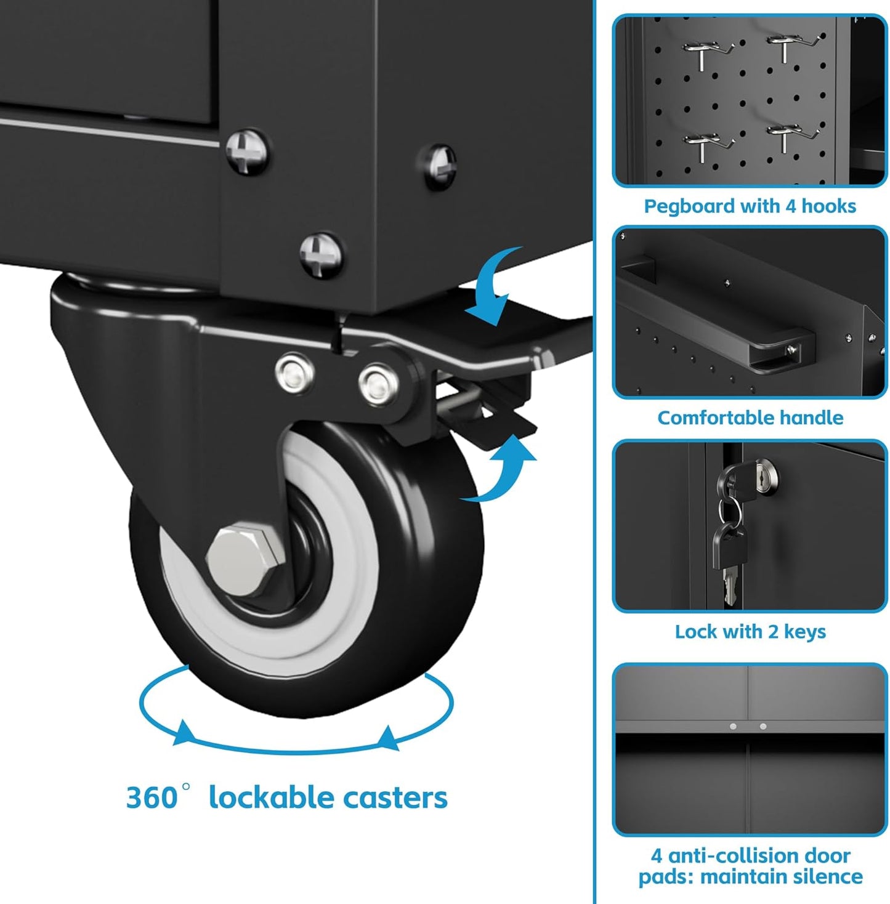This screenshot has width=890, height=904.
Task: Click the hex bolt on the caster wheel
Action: click(x=246, y=560)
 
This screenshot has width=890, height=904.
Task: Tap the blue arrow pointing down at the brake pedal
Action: click(x=494, y=286)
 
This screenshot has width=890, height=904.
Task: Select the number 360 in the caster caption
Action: click(x=151, y=798)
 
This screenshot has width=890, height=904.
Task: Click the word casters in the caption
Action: click(x=395, y=798)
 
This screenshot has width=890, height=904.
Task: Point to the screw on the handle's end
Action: click(x=791, y=348)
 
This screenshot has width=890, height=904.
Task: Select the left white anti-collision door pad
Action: click(x=733, y=726)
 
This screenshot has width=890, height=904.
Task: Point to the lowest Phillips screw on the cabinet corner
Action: click(x=321, y=255)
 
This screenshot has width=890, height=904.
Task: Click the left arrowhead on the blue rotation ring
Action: click(x=184, y=732)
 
